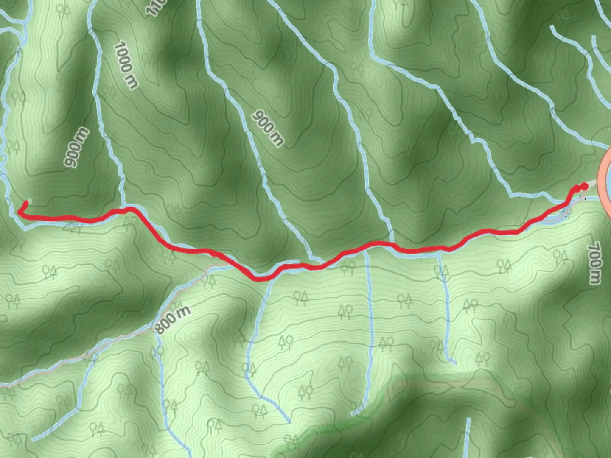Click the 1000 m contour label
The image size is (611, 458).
(126, 65)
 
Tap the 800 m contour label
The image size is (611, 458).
(172, 319)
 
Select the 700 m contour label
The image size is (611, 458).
(594, 263)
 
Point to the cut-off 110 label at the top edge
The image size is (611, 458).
(155, 8)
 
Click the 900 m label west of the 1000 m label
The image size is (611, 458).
(77, 147)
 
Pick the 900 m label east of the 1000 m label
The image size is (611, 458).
(267, 128)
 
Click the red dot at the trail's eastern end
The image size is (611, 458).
(584, 186)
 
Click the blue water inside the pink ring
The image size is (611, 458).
(609, 178)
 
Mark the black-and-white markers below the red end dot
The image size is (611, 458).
(583, 198)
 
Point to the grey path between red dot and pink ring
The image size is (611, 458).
(592, 183)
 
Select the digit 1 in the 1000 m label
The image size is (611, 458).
(119, 45)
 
